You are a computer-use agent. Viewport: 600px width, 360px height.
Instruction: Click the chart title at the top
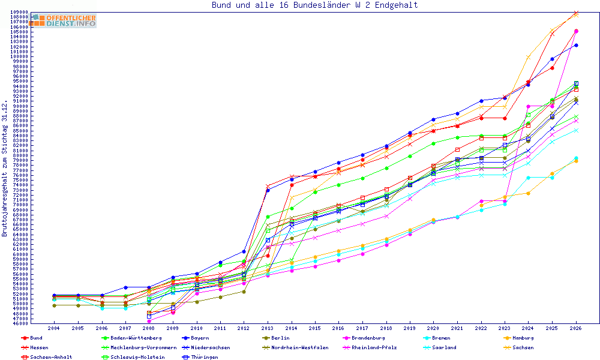314,5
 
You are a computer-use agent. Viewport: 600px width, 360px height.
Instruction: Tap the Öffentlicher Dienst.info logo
63,20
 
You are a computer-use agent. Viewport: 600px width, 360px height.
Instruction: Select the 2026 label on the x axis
576,328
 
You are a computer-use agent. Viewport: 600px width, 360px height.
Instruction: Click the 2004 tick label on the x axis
53,328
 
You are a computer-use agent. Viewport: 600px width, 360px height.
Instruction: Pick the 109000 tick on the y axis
20,12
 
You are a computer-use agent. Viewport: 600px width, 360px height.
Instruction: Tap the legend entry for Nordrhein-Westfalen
295,348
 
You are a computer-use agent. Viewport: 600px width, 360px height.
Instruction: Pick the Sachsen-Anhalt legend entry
47,358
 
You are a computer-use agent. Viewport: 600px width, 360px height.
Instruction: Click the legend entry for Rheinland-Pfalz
369,348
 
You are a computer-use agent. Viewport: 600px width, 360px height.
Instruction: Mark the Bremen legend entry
437,338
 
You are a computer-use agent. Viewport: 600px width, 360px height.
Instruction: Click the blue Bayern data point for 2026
576,46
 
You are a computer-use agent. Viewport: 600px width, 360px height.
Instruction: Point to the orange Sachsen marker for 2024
528,58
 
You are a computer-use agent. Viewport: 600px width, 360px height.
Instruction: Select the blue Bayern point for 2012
244,251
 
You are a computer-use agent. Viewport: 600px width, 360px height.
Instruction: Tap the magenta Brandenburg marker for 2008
149,322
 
